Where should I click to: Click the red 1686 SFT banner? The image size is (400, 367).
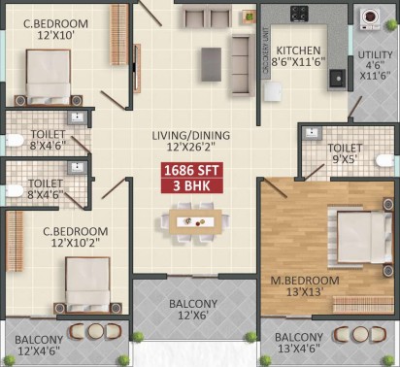coord(192,170)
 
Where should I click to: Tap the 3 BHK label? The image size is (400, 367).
coord(192,185)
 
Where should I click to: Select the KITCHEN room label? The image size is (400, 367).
coord(298,50)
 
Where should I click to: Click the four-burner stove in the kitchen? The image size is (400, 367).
coord(299,14)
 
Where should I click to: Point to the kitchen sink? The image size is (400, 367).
coord(337,78)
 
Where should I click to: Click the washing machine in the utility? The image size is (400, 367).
coord(371,18)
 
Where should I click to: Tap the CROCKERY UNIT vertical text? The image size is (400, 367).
coord(266,50)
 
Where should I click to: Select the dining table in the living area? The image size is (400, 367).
coord(195,221)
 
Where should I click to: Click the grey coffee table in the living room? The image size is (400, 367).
coord(212,64)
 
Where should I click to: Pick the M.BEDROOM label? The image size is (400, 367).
coord(305,281)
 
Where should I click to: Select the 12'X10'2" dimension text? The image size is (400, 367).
coord(75,243)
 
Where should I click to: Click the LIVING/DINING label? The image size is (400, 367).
coord(191,135)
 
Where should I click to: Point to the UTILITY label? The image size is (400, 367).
coord(375,55)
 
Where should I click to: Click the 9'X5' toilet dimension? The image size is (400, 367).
coord(345,159)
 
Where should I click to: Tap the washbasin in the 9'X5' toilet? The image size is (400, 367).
coord(312,133)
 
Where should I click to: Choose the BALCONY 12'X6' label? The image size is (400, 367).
coord(193,309)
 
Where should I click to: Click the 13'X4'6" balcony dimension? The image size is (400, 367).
coord(299,349)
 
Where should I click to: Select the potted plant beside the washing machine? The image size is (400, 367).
coord(392,24)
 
